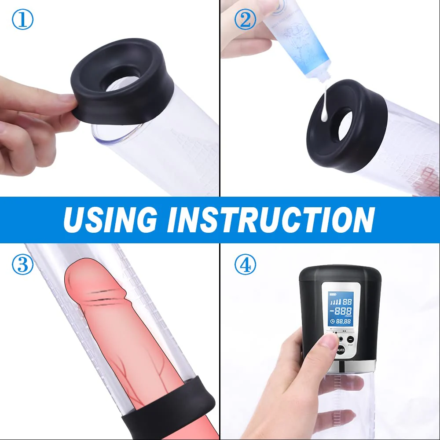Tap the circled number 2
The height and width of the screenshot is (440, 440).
[x=245, y=20]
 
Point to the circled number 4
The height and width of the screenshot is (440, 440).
[x=245, y=265]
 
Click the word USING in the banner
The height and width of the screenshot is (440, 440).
[x=110, y=219]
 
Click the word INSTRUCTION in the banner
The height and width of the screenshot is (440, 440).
[x=268, y=219]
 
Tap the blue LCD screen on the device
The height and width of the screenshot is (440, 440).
[x=341, y=310]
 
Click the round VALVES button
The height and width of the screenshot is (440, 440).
[x=341, y=350]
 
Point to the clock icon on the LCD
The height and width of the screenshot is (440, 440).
[x=332, y=322]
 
